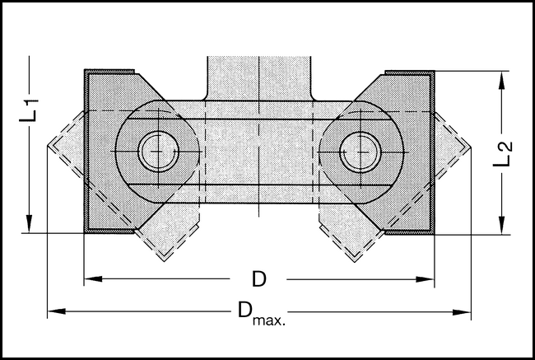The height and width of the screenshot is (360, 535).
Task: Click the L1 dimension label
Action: pos(29,110)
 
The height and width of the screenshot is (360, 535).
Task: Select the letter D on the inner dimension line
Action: pos(259,280)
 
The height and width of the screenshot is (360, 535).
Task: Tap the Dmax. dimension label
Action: pos(260,313)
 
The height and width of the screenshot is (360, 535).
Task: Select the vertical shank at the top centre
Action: pos(259,78)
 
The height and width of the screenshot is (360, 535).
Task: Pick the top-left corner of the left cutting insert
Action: pos(86,71)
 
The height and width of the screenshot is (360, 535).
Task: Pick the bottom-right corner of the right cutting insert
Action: pos(433,233)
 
